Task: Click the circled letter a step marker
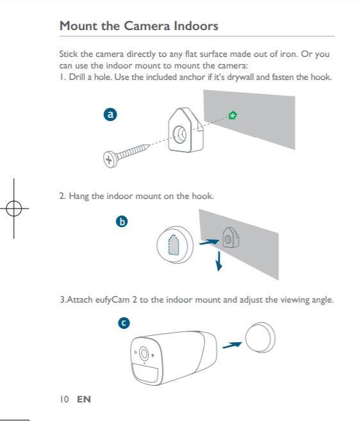point(110,115)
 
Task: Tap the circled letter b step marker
point(122,221)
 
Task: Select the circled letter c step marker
point(124,322)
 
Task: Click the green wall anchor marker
point(233,115)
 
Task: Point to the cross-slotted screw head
point(110,159)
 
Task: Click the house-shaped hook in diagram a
point(186,130)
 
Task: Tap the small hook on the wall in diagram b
point(231,237)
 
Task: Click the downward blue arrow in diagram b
point(219,261)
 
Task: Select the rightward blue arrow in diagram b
point(209,242)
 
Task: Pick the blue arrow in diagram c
point(232,345)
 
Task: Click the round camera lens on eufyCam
point(144,353)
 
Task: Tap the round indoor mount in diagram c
point(260,337)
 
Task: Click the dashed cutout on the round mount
point(174,245)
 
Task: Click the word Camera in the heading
point(147,26)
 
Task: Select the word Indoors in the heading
point(196,26)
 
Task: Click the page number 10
point(64,399)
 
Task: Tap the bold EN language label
point(84,399)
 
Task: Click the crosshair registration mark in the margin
point(14,209)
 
